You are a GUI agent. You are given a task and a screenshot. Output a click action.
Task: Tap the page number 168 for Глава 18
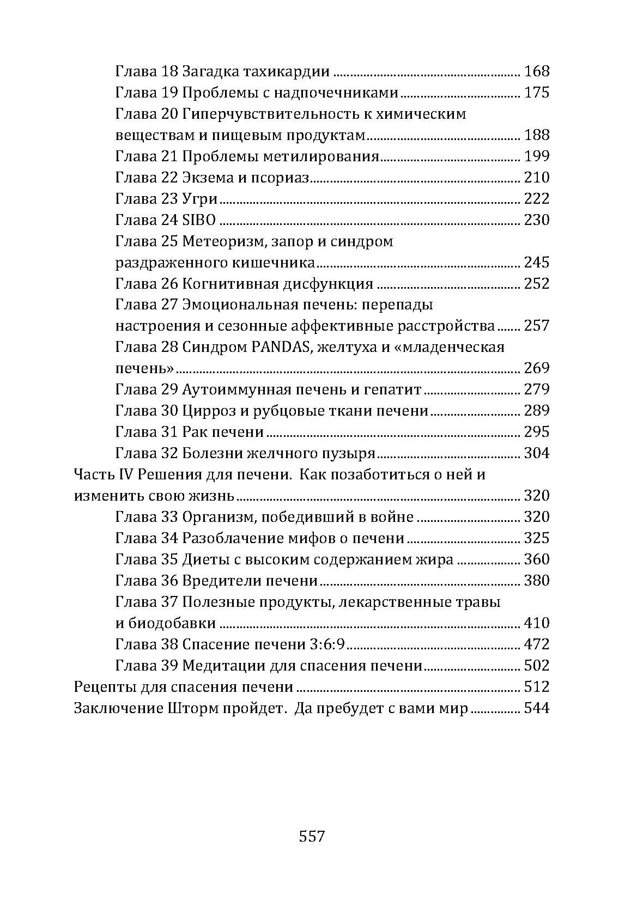536,71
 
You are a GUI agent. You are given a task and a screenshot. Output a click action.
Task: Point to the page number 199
536,156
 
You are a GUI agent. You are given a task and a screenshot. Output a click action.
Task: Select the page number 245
536,263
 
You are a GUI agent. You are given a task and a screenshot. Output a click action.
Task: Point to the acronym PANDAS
280,348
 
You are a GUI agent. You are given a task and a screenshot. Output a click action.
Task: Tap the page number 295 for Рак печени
536,432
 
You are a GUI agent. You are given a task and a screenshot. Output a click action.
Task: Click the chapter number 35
169,559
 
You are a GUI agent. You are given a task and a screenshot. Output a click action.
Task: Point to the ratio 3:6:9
327,644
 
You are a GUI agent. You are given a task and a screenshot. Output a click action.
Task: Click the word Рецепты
101,687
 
